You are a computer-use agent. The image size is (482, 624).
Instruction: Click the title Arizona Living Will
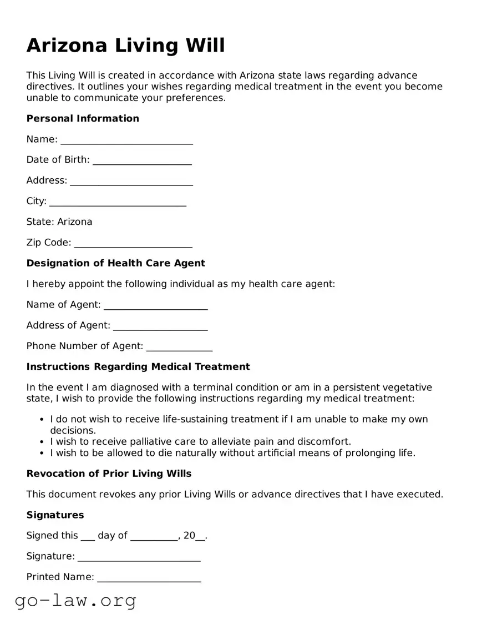click(126, 46)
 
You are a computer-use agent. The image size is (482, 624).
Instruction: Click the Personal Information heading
click(83, 118)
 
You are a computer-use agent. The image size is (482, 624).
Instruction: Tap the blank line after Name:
click(126, 140)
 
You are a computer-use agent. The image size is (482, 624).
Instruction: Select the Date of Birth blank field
click(142, 160)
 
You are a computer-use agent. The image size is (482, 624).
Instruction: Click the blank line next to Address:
click(131, 181)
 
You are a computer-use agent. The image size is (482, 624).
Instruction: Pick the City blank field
click(118, 202)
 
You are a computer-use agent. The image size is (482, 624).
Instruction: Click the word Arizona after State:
click(75, 222)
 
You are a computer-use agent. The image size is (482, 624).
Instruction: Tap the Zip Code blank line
click(133, 243)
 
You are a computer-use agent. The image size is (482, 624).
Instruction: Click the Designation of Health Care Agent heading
click(116, 263)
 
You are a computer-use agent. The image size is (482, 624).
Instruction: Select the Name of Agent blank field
click(155, 305)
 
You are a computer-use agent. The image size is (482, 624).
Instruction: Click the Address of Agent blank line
click(160, 326)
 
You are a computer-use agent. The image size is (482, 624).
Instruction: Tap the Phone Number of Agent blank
click(179, 347)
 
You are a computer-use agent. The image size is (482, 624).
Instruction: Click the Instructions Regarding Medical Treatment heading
click(138, 366)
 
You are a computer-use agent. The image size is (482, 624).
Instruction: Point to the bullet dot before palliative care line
click(42, 442)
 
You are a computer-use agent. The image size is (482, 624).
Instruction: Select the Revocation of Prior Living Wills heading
click(109, 474)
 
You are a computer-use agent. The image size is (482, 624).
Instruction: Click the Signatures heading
click(55, 515)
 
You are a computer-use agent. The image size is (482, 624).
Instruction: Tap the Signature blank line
click(139, 557)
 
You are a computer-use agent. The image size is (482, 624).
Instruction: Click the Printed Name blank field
click(149, 578)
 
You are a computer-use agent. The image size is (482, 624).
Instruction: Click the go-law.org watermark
click(75, 600)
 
